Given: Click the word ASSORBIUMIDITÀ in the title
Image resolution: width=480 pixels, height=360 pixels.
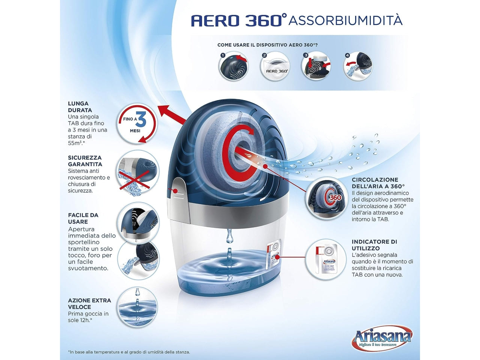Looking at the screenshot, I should [345, 20].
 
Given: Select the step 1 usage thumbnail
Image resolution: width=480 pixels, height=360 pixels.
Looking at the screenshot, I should [234, 66].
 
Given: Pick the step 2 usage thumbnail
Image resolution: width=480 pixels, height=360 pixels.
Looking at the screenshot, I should [275, 66].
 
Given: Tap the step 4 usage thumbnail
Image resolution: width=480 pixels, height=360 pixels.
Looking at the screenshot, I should [358, 66].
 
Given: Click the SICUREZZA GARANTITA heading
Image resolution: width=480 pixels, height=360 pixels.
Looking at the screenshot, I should [85, 161].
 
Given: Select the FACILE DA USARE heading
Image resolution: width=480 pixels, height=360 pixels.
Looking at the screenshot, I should [83, 218].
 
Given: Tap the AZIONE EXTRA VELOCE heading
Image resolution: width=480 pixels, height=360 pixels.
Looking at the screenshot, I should [89, 303].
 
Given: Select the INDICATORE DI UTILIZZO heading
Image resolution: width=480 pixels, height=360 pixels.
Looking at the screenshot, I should [374, 245].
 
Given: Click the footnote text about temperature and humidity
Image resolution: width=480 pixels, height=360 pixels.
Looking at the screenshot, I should [129, 352].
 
